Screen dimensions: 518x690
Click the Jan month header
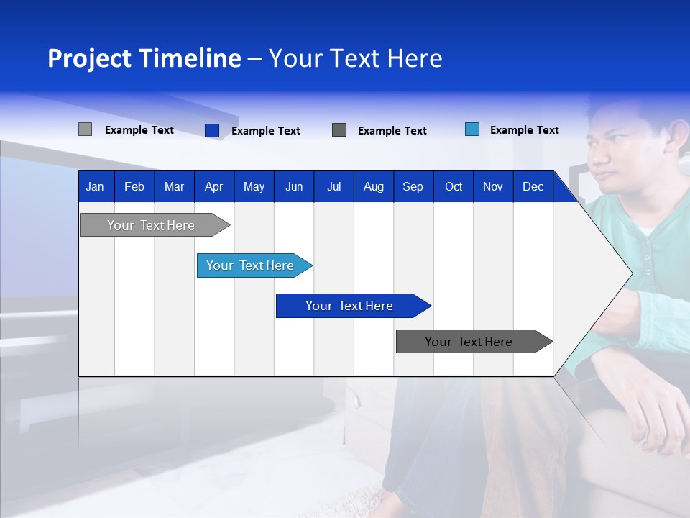95,186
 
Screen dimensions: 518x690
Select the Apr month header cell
213,186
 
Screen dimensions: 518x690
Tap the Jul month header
333,186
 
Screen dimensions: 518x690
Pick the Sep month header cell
413,186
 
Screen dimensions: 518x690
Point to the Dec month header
533,186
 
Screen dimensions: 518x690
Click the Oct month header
453,186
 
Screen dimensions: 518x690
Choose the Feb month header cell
134,186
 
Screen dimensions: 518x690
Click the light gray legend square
85,129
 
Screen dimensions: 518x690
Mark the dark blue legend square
211,130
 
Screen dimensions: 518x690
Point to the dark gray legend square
339,130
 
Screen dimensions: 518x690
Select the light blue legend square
472,129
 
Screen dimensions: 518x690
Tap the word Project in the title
88,58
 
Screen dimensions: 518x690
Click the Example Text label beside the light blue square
524,130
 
